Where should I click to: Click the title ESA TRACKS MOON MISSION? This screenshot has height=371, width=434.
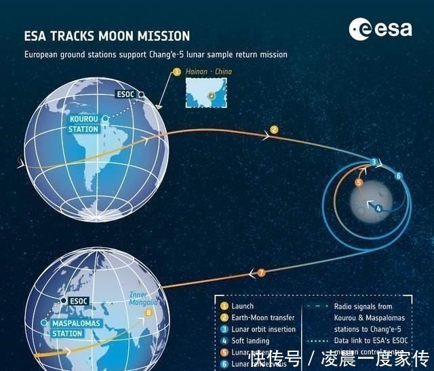(107, 35)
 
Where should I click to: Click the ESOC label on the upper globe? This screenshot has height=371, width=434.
(126, 94)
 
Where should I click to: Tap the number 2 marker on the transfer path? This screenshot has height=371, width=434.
(274, 129)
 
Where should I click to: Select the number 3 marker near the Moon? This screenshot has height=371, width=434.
(373, 162)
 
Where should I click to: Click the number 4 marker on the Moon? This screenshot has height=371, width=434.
(378, 208)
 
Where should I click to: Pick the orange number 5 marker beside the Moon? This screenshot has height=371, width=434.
(359, 183)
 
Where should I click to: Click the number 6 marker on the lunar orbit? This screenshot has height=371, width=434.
(399, 176)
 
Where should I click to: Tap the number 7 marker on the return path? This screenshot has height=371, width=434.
(262, 272)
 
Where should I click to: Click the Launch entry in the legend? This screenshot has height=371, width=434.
(241, 306)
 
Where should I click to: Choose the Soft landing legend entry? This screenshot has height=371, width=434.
(250, 340)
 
